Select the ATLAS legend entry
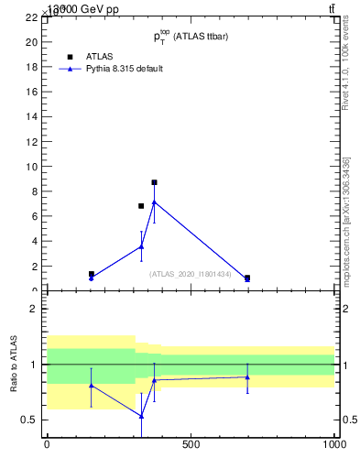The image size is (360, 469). pyautogui.click(x=99, y=56)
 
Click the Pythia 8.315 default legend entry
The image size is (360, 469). pyautogui.click(x=124, y=69)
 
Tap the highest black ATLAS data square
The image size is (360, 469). pyautogui.click(x=154, y=182)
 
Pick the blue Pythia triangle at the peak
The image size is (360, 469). pyautogui.click(x=154, y=202)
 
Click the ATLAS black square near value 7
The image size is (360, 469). pyautogui.click(x=141, y=206)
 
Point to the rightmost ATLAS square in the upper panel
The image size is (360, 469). pyautogui.click(x=247, y=278)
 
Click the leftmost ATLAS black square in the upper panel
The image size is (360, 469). pyautogui.click(x=92, y=274)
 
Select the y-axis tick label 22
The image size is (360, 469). pyautogui.click(x=31, y=17)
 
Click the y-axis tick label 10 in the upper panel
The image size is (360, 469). pyautogui.click(x=31, y=167)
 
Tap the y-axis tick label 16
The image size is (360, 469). pyautogui.click(x=31, y=93)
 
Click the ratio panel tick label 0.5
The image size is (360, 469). pyautogui.click(x=29, y=420)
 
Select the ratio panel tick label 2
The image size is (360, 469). pyautogui.click(x=33, y=309)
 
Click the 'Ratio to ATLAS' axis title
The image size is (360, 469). pyautogui.click(x=14, y=364)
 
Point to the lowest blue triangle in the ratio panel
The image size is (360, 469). pyautogui.click(x=141, y=416)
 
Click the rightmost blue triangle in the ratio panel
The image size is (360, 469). pyautogui.click(x=247, y=376)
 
